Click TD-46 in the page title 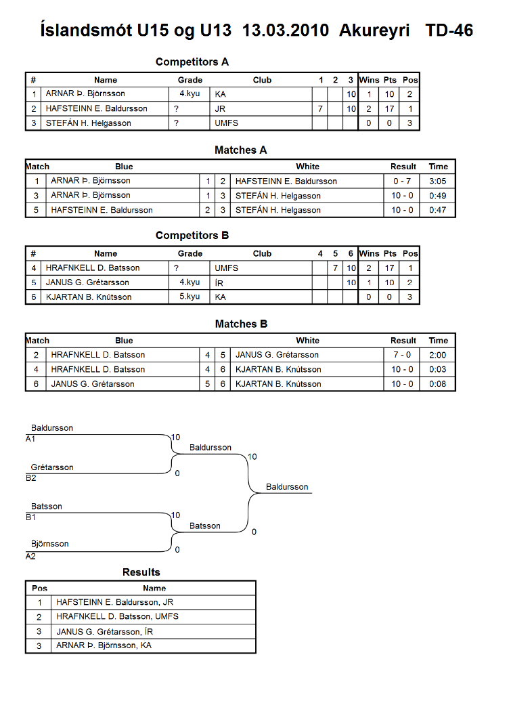[449, 30]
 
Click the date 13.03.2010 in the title [285, 30]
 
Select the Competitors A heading [192, 62]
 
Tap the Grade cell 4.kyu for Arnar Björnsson [190, 93]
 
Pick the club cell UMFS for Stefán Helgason [226, 123]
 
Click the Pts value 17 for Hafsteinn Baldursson [390, 109]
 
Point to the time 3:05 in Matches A [438, 182]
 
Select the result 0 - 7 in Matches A [401, 182]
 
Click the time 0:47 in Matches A [438, 210]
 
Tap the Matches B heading [241, 324]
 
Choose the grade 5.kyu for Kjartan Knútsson [190, 297]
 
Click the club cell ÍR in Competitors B [219, 282]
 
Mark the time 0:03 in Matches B [438, 369]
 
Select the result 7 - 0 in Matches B [401, 355]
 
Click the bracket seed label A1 [30, 439]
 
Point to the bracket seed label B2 [31, 478]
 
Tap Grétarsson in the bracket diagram [52, 467]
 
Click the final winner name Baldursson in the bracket [287, 487]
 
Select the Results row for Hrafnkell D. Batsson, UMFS [140, 617]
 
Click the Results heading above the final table [141, 572]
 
